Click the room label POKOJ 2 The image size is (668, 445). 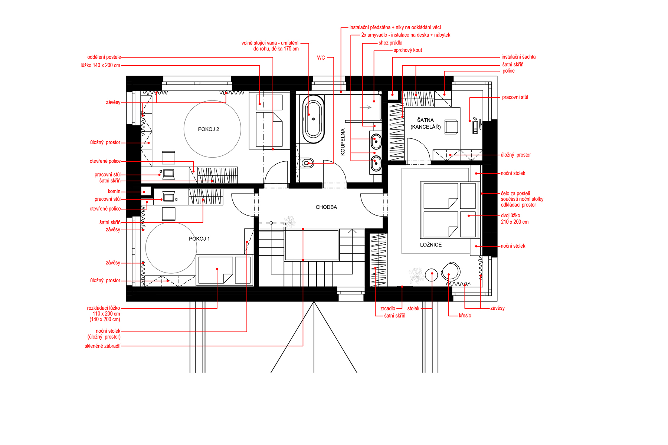(209, 129)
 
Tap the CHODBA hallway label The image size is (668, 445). (326, 207)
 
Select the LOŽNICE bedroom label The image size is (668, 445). (431, 245)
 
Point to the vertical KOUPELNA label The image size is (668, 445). (343, 142)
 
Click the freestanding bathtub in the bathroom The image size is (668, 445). (313, 119)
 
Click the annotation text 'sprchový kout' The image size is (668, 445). (408, 50)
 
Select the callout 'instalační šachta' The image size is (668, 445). (518, 57)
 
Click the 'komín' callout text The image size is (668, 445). (114, 191)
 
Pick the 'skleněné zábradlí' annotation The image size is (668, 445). (102, 346)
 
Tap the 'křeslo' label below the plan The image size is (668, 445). (465, 316)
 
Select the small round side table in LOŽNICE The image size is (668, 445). (432, 275)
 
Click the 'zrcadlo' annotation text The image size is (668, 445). (388, 309)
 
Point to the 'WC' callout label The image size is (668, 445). (321, 58)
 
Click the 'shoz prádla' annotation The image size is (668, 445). (390, 43)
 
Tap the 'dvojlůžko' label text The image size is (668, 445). (511, 215)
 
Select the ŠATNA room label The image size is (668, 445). (425, 120)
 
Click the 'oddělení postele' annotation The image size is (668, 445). (104, 57)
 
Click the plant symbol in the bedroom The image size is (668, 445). (416, 276)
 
